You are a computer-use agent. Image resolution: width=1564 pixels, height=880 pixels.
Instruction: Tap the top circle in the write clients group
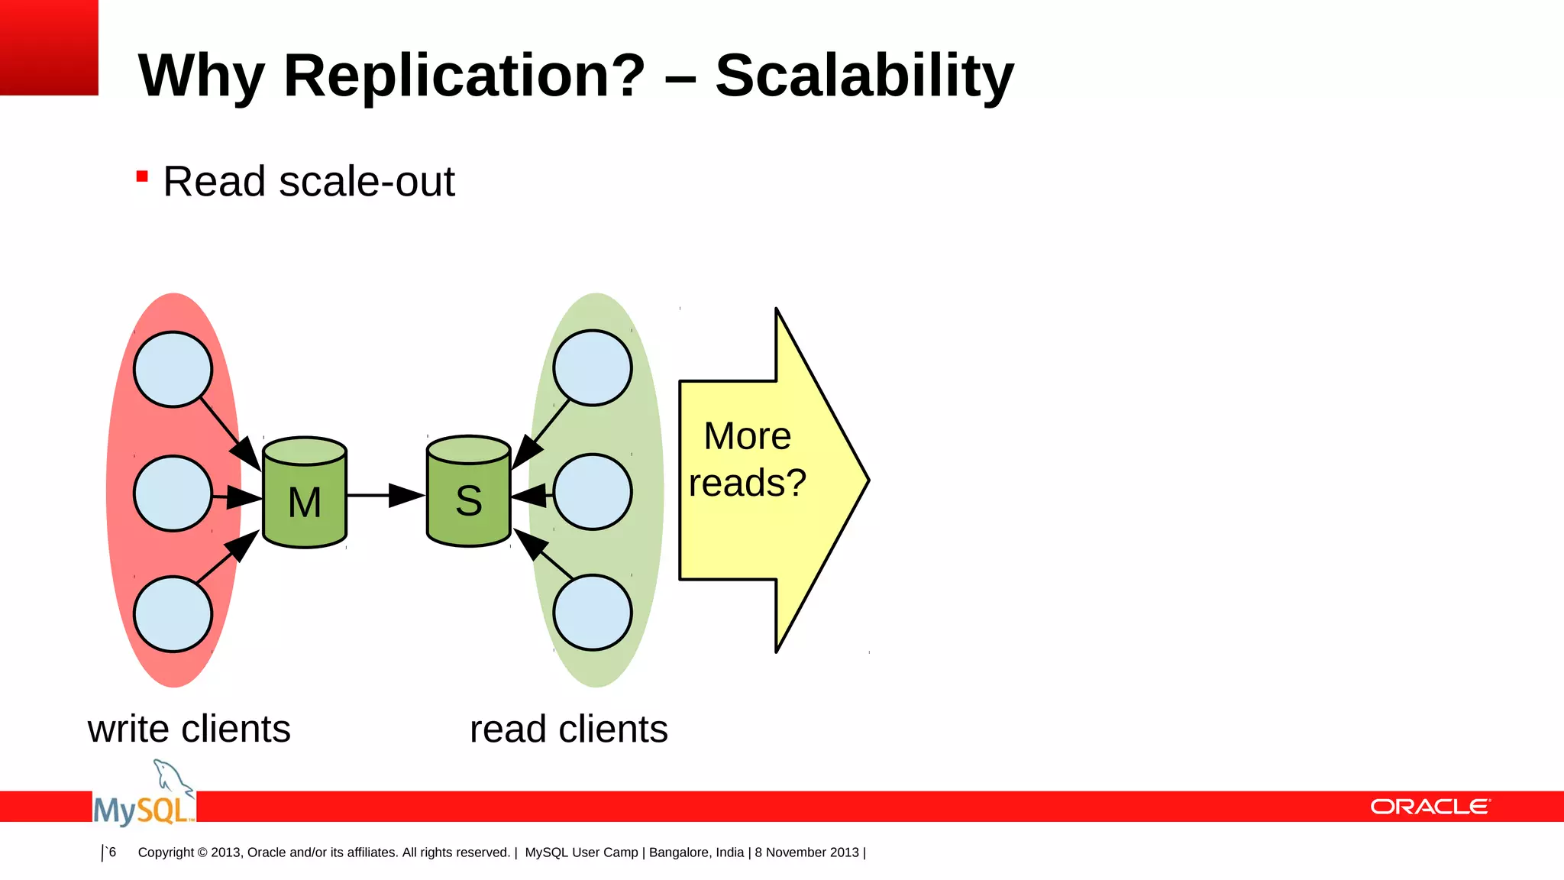pyautogui.click(x=173, y=369)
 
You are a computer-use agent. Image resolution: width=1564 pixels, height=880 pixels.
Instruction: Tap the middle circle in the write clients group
pyautogui.click(x=173, y=493)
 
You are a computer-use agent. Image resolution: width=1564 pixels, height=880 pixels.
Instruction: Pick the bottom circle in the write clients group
pyautogui.click(x=173, y=614)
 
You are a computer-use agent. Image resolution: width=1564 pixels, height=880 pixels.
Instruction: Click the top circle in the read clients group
pyautogui.click(x=593, y=367)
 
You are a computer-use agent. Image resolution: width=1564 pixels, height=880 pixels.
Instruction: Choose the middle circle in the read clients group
pyautogui.click(x=593, y=492)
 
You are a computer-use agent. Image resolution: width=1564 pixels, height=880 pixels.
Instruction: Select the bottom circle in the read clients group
pyautogui.click(x=593, y=613)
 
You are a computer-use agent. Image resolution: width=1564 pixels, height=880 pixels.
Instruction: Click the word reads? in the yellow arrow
pyautogui.click(x=747, y=483)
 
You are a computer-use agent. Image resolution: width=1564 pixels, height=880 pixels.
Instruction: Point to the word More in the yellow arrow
pyautogui.click(x=747, y=436)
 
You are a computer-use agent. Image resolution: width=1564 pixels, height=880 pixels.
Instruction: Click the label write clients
pyautogui.click(x=189, y=729)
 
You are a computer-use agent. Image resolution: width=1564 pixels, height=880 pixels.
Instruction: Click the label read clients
pyautogui.click(x=568, y=729)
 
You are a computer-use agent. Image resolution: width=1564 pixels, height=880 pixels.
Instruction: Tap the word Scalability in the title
pyautogui.click(x=864, y=76)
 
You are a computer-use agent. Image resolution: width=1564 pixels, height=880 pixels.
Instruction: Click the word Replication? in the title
pyautogui.click(x=464, y=76)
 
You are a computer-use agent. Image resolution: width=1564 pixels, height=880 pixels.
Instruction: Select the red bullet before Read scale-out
pyautogui.click(x=142, y=177)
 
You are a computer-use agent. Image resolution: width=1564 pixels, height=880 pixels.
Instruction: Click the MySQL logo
pyautogui.click(x=144, y=798)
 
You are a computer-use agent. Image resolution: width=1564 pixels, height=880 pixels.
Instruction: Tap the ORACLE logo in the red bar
pyautogui.click(x=1430, y=807)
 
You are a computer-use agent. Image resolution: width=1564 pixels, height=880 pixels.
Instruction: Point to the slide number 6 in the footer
pyautogui.click(x=112, y=852)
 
